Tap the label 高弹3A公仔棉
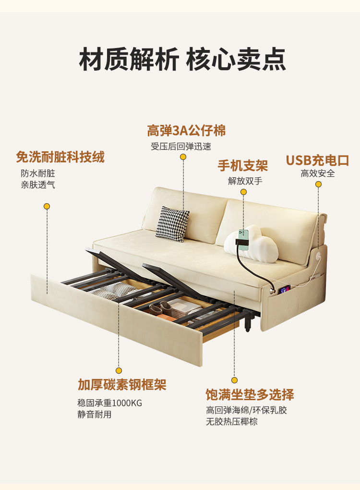pyautogui.click(x=186, y=131)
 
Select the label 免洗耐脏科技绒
pyautogui.click(x=60, y=157)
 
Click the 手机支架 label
pyautogui.click(x=243, y=166)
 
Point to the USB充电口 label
pyautogui.click(x=317, y=160)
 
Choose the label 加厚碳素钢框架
pyautogui.click(x=122, y=385)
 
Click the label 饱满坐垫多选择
pyautogui.click(x=250, y=395)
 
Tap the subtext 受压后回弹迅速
pyautogui.click(x=181, y=147)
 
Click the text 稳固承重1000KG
pyautogui.click(x=109, y=403)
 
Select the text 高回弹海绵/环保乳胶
pyautogui.click(x=246, y=410)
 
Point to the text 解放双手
pyautogui.click(x=245, y=181)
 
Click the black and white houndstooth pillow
pyautogui.click(x=172, y=223)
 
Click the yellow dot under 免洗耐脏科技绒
pyautogui.click(x=47, y=206)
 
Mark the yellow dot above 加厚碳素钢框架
pyautogui.click(x=119, y=370)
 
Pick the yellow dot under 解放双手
pyautogui.click(x=243, y=192)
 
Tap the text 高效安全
pyautogui.click(x=318, y=173)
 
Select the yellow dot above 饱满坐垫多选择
pyautogui.click(x=235, y=380)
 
